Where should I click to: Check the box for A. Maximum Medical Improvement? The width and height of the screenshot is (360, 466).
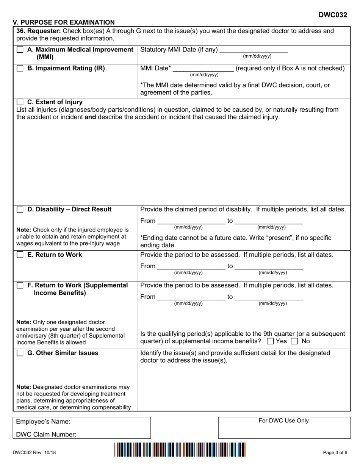(x=20, y=50)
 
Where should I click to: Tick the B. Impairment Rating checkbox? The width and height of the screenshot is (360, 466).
(x=20, y=69)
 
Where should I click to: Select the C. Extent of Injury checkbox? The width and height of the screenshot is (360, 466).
(x=20, y=102)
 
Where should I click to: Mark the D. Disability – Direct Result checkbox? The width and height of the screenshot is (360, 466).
(x=20, y=210)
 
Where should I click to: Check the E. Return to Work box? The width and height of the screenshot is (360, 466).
(x=20, y=255)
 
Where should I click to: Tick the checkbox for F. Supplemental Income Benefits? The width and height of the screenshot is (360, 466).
(x=20, y=285)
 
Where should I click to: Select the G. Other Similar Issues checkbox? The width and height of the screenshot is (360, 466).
(x=20, y=353)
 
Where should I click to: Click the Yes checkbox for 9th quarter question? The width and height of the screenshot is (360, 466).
(x=270, y=341)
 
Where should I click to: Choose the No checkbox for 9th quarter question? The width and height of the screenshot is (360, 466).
(x=294, y=341)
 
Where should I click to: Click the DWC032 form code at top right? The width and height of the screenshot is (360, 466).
(x=332, y=15)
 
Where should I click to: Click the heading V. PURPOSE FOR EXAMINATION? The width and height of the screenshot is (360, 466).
(x=64, y=22)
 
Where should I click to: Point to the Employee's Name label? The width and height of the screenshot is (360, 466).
(x=43, y=422)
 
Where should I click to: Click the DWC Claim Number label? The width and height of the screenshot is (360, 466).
(x=46, y=435)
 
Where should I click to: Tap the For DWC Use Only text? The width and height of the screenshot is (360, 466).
(x=283, y=421)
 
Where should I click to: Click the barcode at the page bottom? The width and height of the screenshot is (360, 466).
(x=180, y=449)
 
